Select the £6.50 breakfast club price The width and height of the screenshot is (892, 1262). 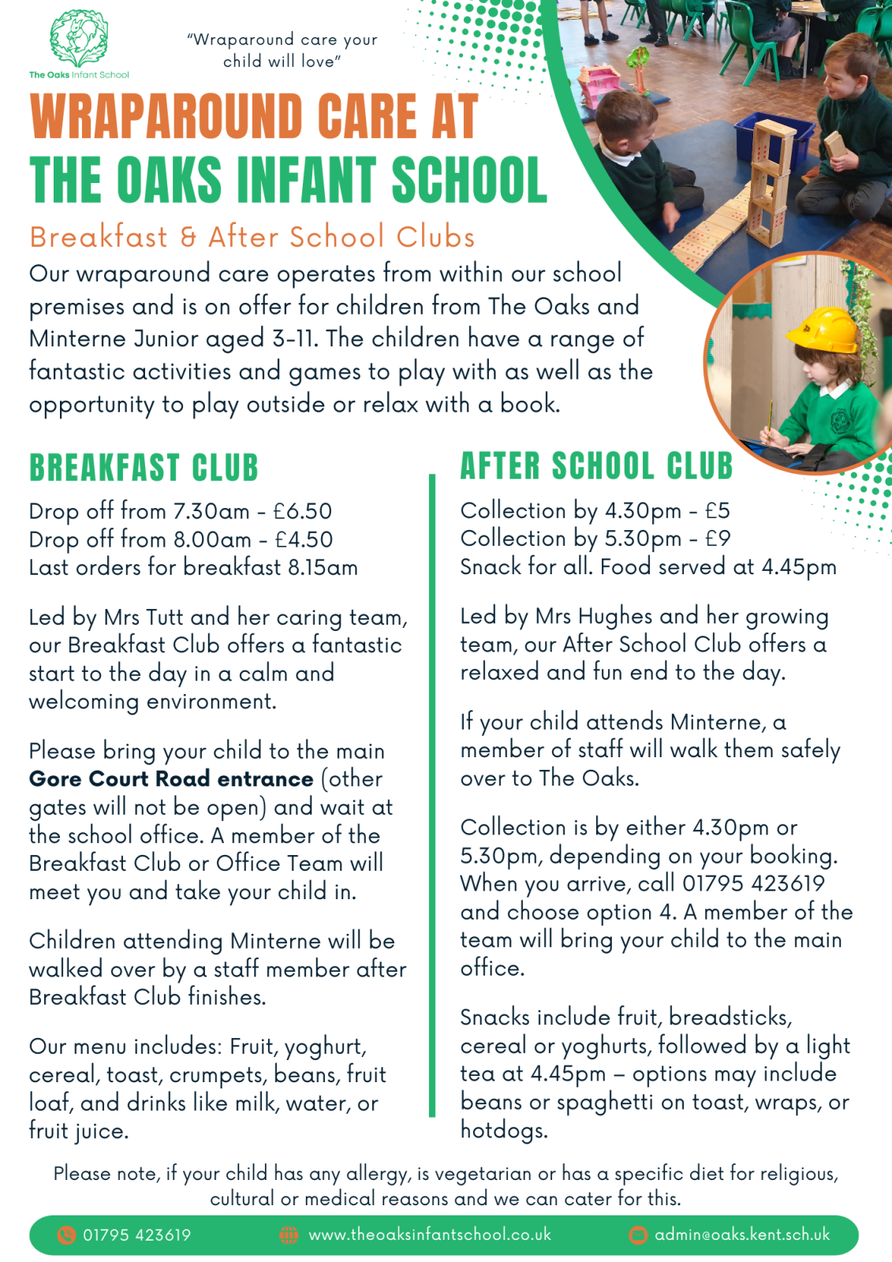[x=303, y=511]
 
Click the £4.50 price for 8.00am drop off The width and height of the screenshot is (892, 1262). [x=304, y=540]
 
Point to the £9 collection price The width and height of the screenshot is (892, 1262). [x=718, y=539]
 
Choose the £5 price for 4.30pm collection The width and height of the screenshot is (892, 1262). [x=718, y=511]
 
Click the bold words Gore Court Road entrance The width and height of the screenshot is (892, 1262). [x=171, y=779]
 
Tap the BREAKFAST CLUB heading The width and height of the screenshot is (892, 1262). [x=144, y=468]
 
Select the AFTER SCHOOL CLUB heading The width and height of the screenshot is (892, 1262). [x=596, y=466]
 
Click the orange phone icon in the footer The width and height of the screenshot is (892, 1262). [x=67, y=1234]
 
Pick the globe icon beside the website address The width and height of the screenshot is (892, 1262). [x=289, y=1234]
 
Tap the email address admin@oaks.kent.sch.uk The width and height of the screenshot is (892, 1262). [x=741, y=1234]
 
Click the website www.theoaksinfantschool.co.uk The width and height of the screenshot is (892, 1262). [x=430, y=1234]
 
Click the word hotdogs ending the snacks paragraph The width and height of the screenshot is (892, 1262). [x=503, y=1130]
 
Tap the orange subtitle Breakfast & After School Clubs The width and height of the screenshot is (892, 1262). [x=252, y=237]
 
